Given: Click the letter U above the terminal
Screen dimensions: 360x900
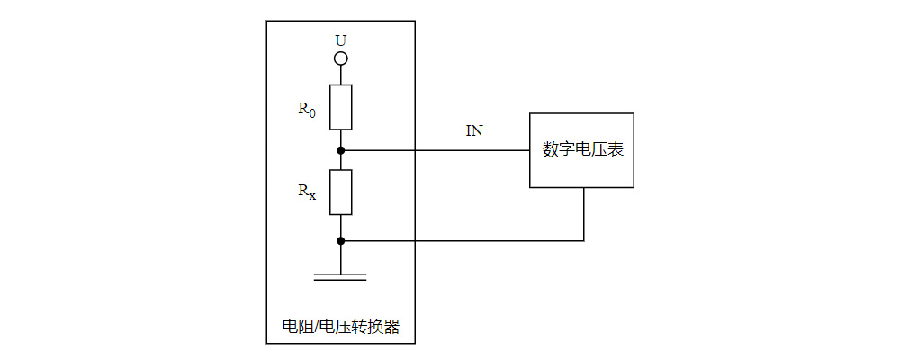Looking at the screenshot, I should (x=340, y=40).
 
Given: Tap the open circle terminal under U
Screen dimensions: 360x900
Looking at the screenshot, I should (x=340, y=59).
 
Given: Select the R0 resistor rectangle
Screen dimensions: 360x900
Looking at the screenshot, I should (x=340, y=107).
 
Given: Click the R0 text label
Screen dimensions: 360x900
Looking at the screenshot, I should (x=307, y=109).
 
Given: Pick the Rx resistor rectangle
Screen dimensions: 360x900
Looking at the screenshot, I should (x=340, y=192).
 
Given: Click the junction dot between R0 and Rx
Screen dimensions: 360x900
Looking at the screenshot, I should (x=340, y=149).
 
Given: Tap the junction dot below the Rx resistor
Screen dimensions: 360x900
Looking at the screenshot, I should (x=340, y=240).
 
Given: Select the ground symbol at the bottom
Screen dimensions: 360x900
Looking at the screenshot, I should (x=340, y=276).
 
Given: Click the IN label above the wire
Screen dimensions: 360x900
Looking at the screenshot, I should (x=473, y=131).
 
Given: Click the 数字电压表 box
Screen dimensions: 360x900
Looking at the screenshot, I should (x=580, y=150).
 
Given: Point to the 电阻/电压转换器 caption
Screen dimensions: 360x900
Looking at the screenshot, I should (x=340, y=327).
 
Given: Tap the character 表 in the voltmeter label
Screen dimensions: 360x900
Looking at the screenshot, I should (x=616, y=150).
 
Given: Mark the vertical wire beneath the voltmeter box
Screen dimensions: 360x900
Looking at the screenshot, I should (x=584, y=214).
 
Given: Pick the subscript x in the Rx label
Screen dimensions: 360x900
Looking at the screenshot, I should (x=312, y=195).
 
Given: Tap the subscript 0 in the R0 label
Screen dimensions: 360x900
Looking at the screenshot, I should (x=312, y=113).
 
